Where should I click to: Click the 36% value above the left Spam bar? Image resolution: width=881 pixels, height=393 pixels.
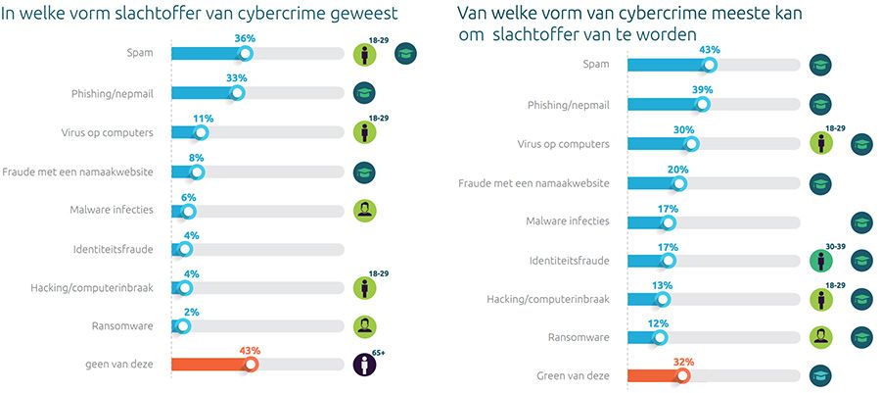[x=245, y=38]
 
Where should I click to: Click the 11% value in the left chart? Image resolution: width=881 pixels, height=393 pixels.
[x=203, y=118]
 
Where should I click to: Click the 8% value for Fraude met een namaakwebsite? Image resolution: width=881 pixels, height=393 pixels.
[x=197, y=156]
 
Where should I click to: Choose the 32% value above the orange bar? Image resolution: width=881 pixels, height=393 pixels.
[x=682, y=361]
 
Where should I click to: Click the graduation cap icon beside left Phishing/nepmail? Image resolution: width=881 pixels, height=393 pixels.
[x=365, y=93]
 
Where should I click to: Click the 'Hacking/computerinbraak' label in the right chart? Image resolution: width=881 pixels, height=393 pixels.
[x=548, y=298]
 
